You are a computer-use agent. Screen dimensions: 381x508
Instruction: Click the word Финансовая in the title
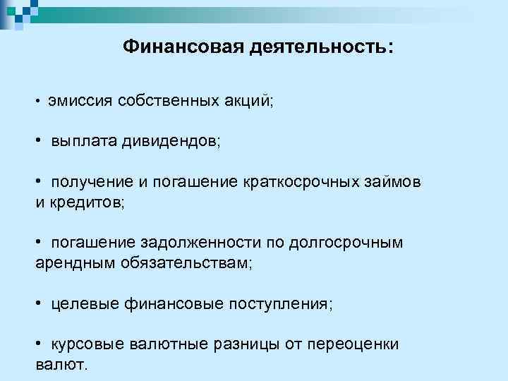(181, 47)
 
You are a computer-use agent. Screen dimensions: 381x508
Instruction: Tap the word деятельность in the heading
(320, 47)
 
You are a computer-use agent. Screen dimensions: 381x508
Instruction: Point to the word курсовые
(87, 345)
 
